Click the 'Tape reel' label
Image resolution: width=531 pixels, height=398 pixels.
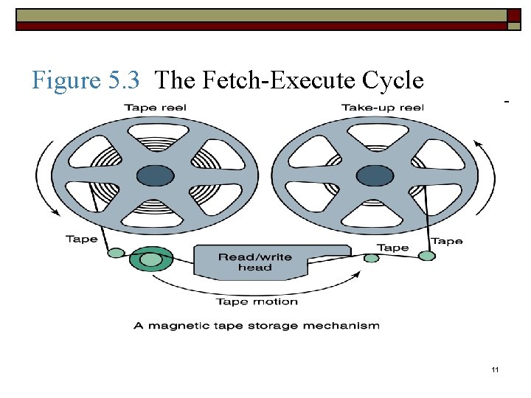[x=155, y=108]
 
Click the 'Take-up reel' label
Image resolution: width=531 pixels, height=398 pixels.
[x=382, y=108]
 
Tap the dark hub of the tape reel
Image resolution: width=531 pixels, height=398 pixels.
[x=155, y=175]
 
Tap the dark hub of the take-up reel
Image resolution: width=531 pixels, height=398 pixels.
[x=375, y=175]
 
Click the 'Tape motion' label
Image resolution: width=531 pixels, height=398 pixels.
[x=257, y=301]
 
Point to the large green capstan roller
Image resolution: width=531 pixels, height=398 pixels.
[x=151, y=259]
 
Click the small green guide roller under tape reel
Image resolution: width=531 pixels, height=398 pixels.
[x=116, y=253]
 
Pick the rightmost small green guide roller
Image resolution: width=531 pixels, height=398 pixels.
[x=427, y=256]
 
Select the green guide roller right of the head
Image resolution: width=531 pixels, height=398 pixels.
[x=372, y=258]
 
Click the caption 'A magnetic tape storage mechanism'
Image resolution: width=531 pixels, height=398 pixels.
[x=257, y=325]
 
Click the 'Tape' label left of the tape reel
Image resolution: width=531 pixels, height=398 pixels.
[x=81, y=239]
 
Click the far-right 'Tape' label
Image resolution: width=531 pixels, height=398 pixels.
[x=447, y=241]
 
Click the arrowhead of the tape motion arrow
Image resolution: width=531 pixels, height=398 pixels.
[x=358, y=273]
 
